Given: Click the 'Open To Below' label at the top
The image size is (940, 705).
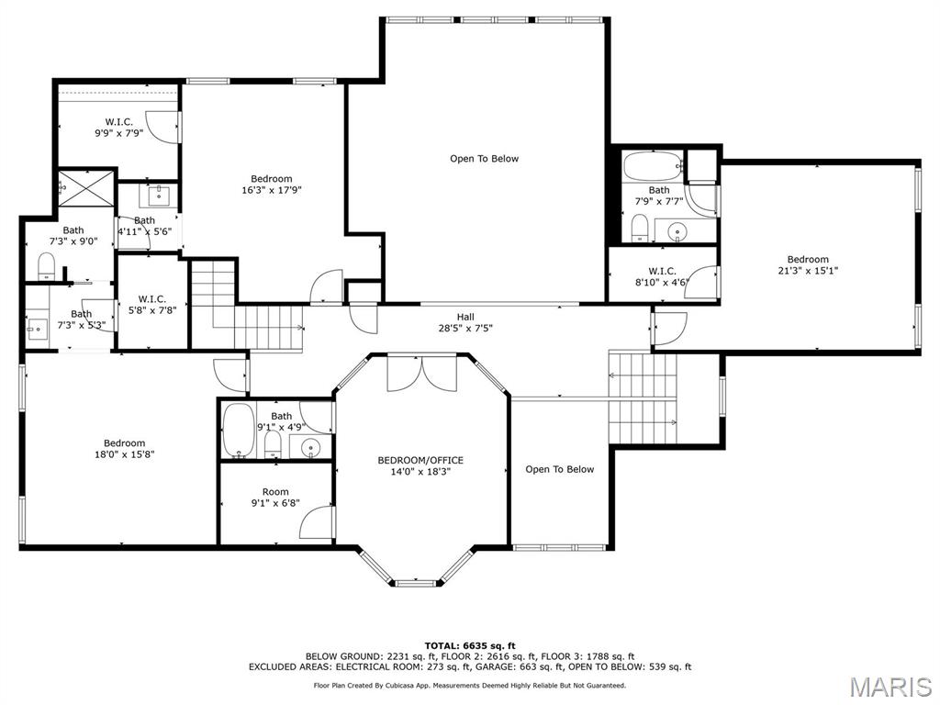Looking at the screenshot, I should pos(484,159).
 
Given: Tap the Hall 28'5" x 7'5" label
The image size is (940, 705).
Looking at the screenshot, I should pos(465,322).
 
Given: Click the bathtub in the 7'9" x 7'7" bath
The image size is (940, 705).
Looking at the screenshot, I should pos(652,168).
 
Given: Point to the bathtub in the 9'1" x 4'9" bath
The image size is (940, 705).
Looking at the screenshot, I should pos(238,431).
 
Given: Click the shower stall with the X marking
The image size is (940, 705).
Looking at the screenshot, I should pos(87,191).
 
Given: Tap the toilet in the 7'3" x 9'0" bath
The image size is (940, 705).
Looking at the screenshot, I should pos(47,266).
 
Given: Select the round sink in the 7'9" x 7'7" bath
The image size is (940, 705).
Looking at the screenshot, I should pos(677,230).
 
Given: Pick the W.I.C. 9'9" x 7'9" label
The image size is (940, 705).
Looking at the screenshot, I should pos(119,127).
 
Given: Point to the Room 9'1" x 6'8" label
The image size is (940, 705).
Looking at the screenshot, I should pos(275,497).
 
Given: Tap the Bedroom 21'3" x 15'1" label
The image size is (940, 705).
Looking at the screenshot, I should pos(808,264).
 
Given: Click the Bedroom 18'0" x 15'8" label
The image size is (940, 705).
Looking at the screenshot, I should pos(124,448).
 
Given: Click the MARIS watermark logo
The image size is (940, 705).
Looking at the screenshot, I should pos(890,687).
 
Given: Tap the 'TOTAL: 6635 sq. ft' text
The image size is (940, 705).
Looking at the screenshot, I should pos(469,645).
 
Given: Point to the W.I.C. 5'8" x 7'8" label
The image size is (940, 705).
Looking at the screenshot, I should pos(151,304).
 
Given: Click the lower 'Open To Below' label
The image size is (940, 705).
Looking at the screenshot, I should pos(559,469).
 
